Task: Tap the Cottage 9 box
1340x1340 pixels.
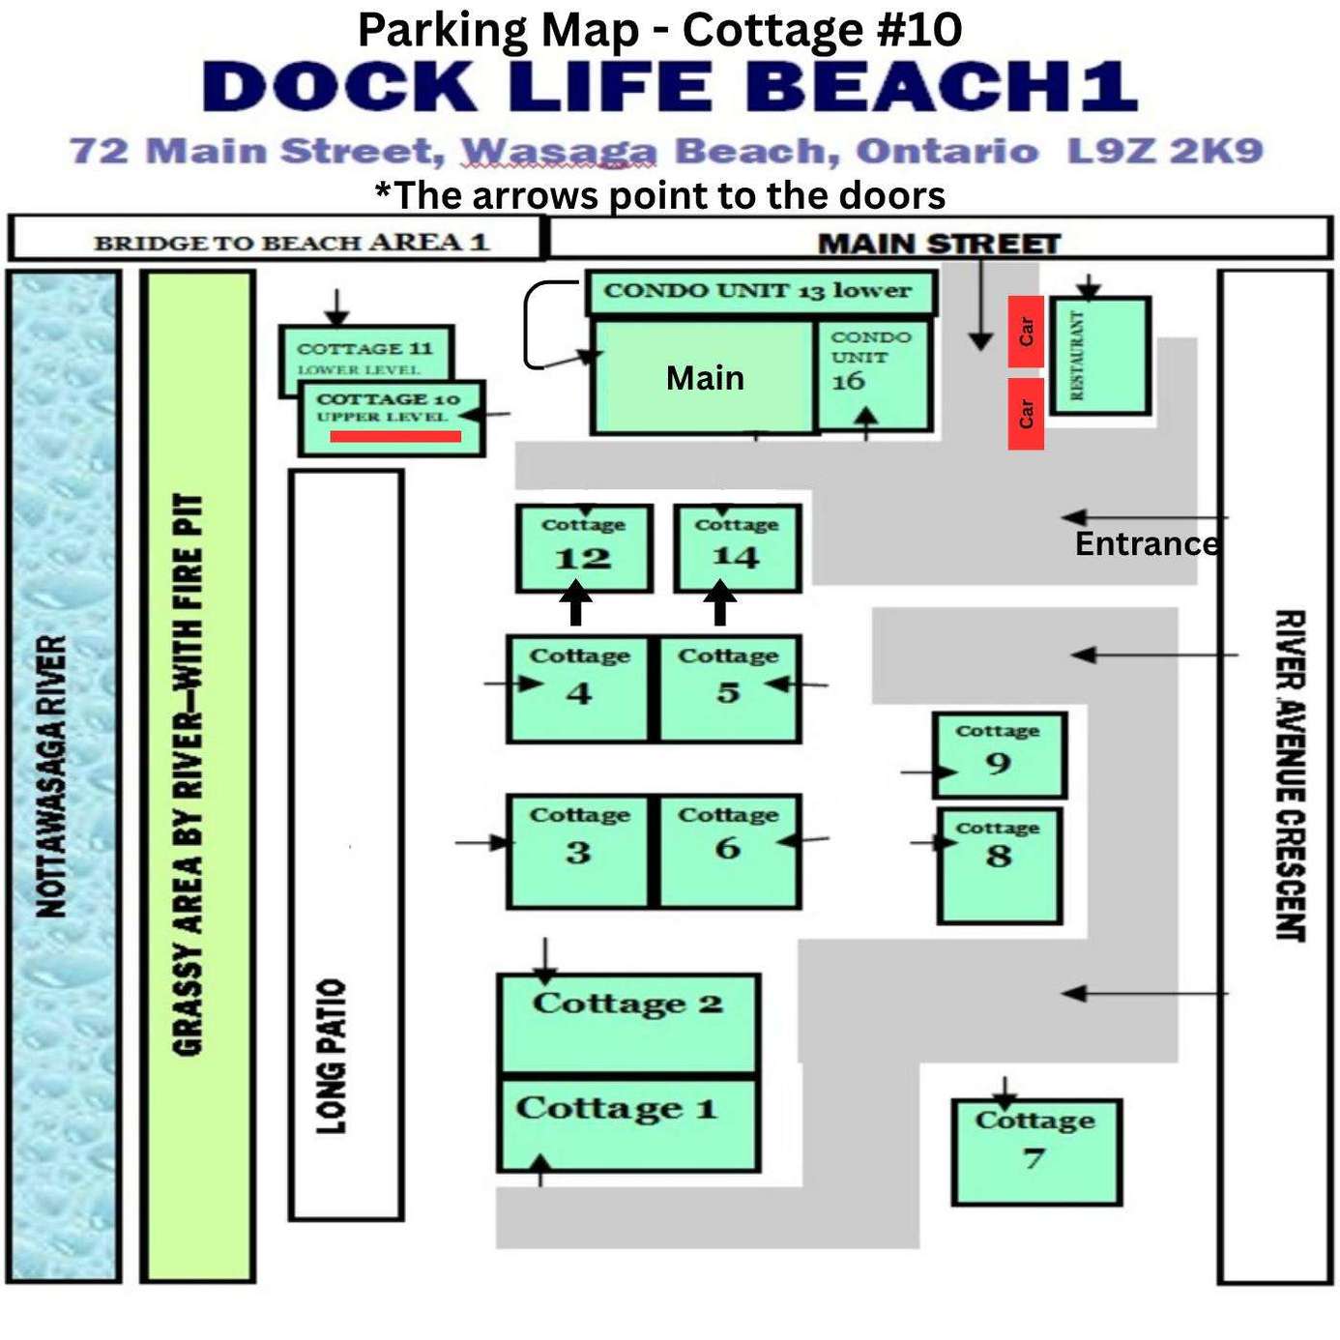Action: coord(1000,754)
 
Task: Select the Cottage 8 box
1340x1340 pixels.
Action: coord(1000,865)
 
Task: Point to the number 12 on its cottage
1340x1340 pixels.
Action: coord(583,559)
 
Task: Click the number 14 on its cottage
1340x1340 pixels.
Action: coord(736,557)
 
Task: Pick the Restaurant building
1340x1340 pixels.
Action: coord(1100,356)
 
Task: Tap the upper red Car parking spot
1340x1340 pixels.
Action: coord(1027,331)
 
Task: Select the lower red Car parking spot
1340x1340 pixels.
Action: coord(1027,414)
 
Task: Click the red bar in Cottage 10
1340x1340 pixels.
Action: coord(395,437)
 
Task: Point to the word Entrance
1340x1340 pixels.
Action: coord(1147,543)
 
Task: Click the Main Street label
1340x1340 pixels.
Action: coord(939,244)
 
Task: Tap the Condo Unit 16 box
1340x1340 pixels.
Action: coord(873,375)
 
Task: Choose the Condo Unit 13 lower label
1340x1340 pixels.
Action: coord(757,291)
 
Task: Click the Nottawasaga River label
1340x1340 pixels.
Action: coord(50,776)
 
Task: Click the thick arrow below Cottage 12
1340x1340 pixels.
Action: coord(576,603)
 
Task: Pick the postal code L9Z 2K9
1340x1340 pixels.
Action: coord(1165,151)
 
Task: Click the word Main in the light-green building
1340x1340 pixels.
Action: coord(705,378)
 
